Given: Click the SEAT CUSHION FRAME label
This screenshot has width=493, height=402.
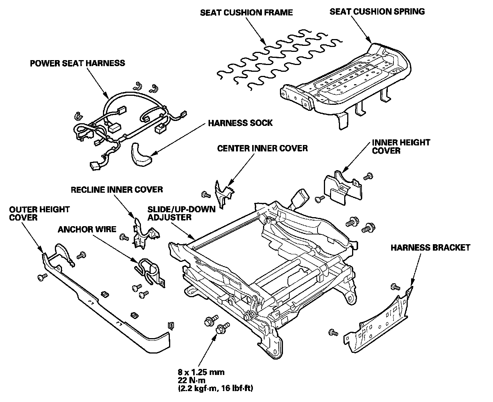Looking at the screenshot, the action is (x=246, y=13).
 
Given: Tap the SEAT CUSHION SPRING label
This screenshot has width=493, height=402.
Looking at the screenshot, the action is (x=377, y=12).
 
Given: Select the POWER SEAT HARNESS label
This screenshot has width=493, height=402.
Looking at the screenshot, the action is (x=78, y=63).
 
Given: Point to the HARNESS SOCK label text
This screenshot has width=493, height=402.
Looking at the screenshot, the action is (x=240, y=123).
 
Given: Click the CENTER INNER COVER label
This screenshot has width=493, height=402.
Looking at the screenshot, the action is (x=263, y=148).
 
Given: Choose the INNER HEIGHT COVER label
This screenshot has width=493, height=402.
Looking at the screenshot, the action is (x=401, y=147).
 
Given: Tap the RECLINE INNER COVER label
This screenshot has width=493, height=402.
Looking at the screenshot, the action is (x=117, y=190).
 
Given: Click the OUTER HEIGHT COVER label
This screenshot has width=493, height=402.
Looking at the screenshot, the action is (x=39, y=213).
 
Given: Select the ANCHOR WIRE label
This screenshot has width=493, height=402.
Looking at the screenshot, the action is (x=87, y=230).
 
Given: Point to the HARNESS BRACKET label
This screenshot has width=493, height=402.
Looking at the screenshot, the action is (x=430, y=248).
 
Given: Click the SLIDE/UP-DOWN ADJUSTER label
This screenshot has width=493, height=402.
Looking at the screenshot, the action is (x=181, y=213).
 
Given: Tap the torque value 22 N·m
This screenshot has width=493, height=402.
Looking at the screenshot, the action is (x=192, y=380).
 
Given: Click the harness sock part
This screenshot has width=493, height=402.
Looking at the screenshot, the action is (x=141, y=155).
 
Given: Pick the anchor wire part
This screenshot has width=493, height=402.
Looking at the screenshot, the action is (x=150, y=272).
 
